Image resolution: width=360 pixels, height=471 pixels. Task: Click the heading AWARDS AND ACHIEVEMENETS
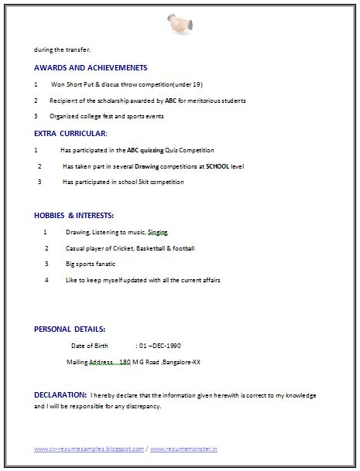(91, 68)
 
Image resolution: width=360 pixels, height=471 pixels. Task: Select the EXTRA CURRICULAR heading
(70, 134)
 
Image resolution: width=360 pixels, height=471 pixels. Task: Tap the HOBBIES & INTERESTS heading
(74, 215)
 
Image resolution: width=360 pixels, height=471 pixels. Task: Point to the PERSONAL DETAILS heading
(70, 329)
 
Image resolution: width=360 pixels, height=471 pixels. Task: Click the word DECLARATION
(60, 394)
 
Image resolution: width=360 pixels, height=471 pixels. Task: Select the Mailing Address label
(91, 361)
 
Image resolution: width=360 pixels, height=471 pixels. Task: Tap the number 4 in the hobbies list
(46, 280)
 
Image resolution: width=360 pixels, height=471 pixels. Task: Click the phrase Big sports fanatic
(91, 264)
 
